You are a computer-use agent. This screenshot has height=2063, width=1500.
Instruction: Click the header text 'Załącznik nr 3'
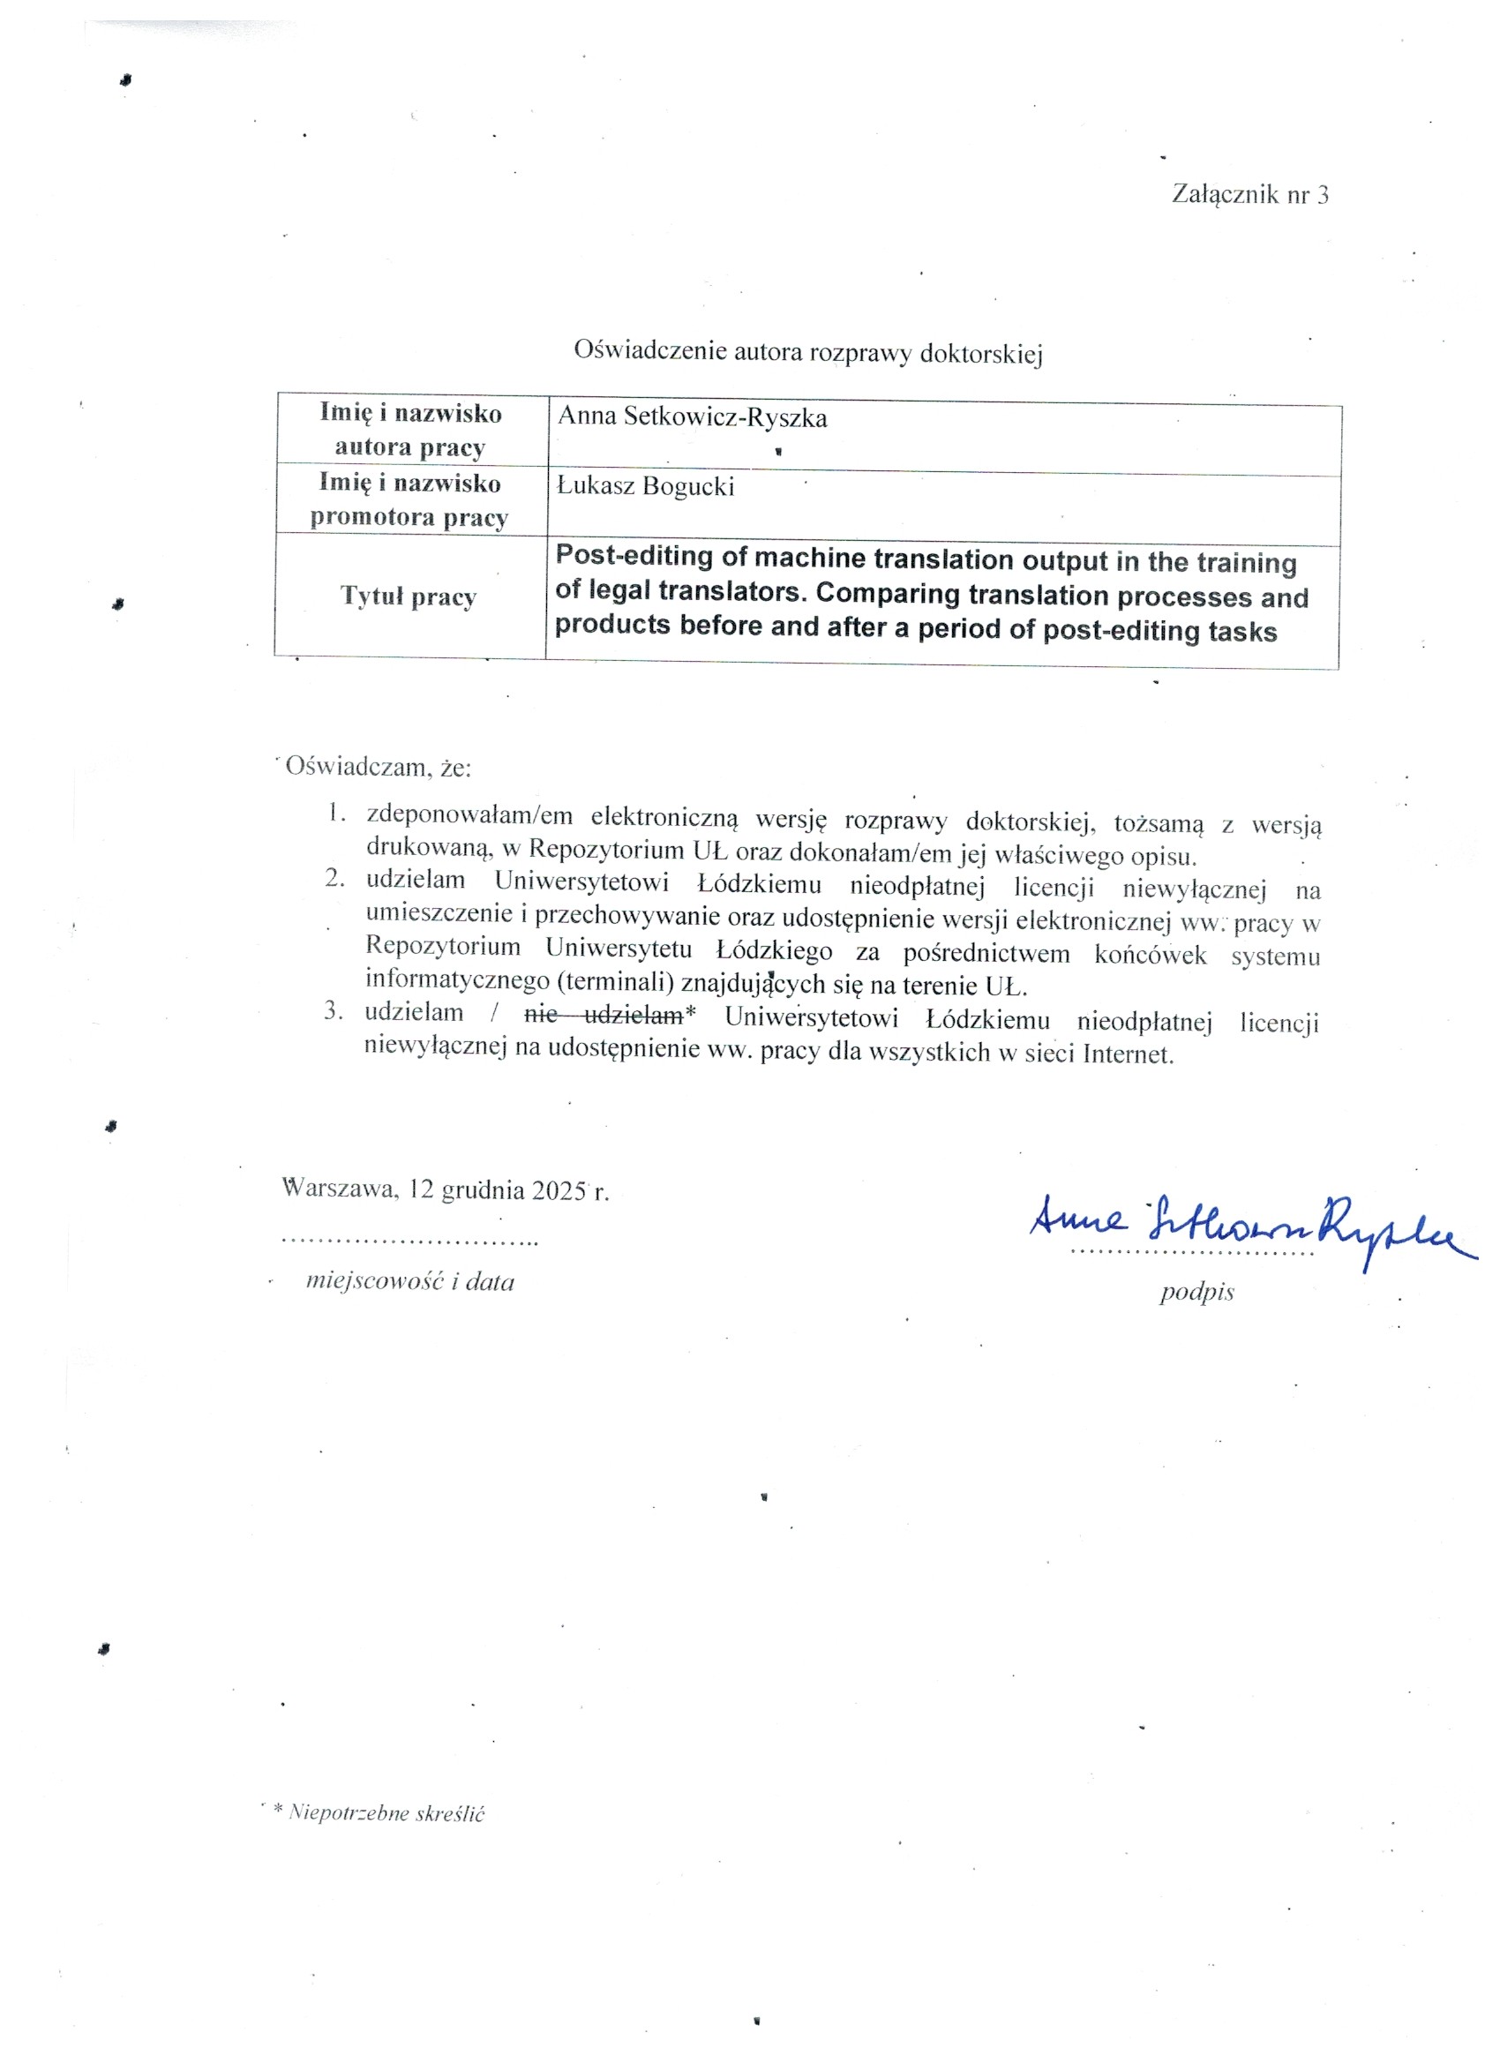pos(1249,194)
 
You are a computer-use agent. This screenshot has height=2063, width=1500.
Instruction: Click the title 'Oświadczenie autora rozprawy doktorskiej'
pos(807,351)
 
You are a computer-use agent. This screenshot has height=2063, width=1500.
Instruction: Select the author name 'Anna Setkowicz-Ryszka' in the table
pos(693,417)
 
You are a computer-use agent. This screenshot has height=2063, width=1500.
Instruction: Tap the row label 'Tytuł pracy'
pos(409,596)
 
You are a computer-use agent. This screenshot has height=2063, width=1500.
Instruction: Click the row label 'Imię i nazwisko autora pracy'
pos(410,430)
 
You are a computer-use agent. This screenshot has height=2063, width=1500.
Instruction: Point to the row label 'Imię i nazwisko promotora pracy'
pos(409,499)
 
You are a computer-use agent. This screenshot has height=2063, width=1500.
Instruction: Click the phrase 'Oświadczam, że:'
pos(379,766)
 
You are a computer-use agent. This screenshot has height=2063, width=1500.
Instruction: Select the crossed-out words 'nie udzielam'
pos(604,1014)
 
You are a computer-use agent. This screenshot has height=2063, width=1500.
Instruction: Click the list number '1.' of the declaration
pos(336,813)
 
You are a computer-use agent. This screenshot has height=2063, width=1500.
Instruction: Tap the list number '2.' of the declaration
pos(335,878)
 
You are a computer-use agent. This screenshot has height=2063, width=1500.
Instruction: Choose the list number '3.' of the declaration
pos(334,1009)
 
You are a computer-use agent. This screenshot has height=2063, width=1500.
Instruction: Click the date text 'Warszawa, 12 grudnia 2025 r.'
pos(446,1189)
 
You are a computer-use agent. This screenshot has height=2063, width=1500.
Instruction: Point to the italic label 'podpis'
pos(1196,1293)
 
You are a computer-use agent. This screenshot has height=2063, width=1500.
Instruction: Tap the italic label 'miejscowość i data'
pos(410,1281)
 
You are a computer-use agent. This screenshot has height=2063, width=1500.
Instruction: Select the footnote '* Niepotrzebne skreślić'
pos(379,1813)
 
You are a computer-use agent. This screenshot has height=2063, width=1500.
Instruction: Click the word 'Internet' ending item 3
pos(1126,1054)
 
